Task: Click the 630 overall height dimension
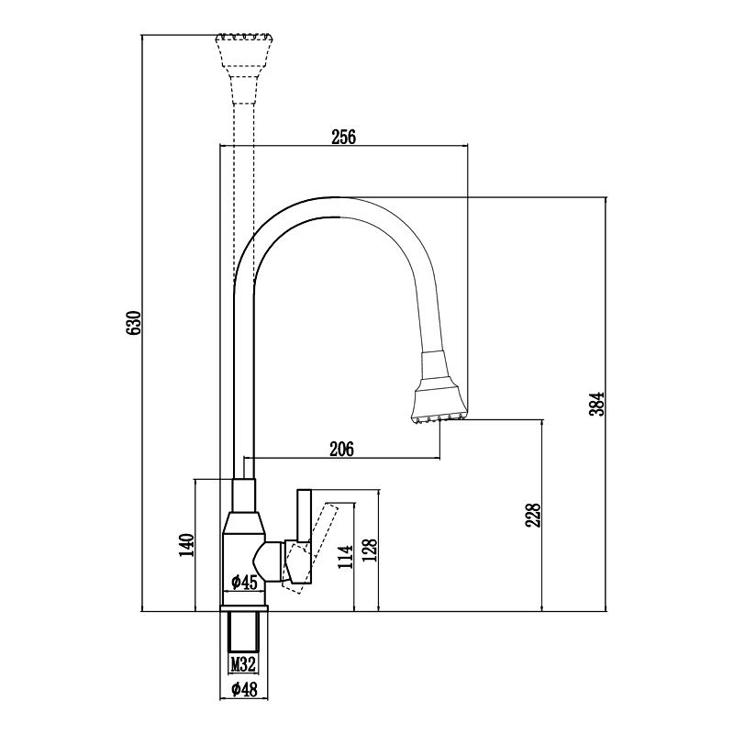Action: pos(134,325)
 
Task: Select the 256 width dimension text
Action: pos(343,137)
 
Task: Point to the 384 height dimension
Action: pos(597,403)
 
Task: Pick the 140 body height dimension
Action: pos(187,545)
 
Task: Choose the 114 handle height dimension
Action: pos(346,558)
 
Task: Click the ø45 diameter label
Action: pos(244,581)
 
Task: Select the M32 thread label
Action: pos(243,663)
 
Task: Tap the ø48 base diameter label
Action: pos(244,690)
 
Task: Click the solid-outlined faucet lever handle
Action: pos(304,541)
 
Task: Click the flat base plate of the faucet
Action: pos(245,606)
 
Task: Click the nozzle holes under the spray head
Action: pos(439,419)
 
